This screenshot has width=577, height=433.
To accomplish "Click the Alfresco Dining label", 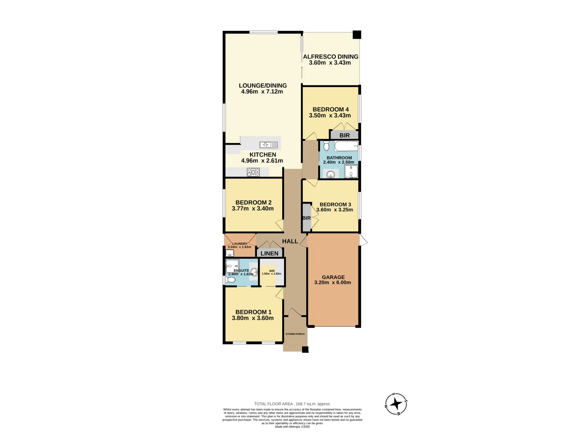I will (331, 57).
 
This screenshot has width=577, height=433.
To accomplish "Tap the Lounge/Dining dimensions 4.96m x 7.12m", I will (262, 92).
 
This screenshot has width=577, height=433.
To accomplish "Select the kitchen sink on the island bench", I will (268, 145).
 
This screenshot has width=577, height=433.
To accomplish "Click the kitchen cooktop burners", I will (253, 172).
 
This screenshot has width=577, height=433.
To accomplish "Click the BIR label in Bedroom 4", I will (345, 136).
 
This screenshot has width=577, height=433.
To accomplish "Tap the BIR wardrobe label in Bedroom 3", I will (307, 218).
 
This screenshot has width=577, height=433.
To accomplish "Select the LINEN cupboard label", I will (269, 253).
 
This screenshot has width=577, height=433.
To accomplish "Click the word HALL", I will (290, 241).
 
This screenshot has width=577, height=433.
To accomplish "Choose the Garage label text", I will (333, 277).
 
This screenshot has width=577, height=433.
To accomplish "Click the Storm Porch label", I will (295, 334).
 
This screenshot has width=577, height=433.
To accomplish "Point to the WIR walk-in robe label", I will (272, 271).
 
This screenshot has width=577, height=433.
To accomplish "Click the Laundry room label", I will (240, 244).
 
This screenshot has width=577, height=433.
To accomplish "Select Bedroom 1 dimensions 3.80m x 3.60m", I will (253, 318).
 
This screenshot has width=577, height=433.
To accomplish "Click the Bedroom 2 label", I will (253, 202).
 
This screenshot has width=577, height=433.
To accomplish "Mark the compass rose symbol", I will (396, 404).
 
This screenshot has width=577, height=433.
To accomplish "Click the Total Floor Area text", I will (293, 404).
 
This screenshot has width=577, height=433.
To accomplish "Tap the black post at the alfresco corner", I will (357, 35).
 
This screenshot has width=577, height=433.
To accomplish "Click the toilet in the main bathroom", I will (326, 146).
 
